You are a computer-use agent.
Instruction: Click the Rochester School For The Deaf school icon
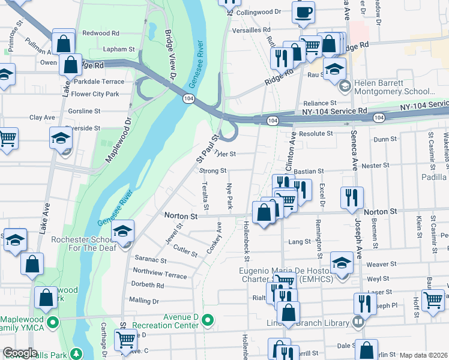tap(123, 231)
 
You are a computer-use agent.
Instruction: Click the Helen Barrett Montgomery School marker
tap(345, 87)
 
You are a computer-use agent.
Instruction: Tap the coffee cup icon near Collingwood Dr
tap(304, 12)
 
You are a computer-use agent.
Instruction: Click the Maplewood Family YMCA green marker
tap(53, 322)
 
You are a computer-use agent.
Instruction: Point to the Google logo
tap(20, 353)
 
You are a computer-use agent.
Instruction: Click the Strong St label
tap(212, 171)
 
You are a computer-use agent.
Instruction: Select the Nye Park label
tap(229, 196)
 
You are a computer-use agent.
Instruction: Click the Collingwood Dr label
tap(259, 12)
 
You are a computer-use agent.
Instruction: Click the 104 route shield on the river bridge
tap(188, 98)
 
